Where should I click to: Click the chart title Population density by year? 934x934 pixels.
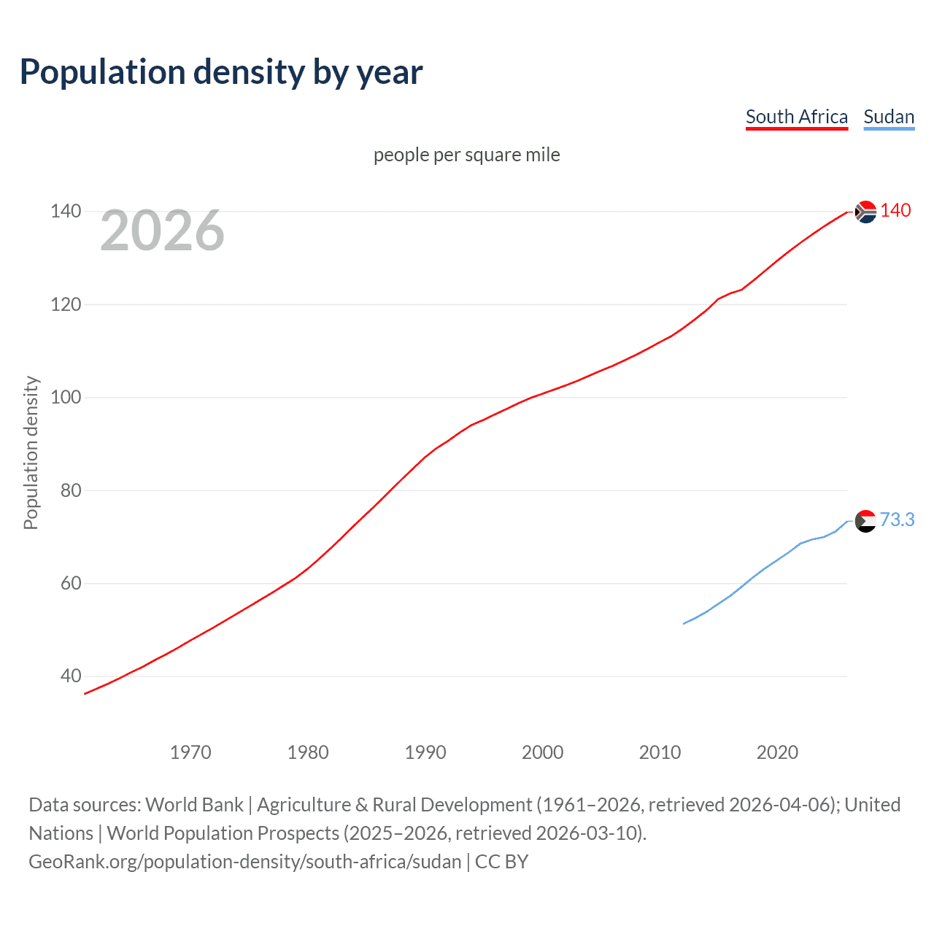click(221, 72)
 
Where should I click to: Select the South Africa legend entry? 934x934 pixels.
click(796, 117)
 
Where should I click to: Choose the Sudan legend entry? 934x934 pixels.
click(888, 117)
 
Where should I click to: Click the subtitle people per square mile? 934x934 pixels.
click(466, 155)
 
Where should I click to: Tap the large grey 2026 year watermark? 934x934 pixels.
click(162, 231)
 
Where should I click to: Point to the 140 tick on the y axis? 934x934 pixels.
click(66, 211)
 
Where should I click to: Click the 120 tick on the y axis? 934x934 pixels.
click(66, 304)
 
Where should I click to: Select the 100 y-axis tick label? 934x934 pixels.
click(66, 397)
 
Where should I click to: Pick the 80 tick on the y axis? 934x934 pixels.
click(70, 490)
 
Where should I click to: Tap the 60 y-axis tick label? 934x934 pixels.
click(70, 583)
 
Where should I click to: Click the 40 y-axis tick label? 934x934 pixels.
click(70, 676)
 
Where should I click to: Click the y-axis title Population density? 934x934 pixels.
click(31, 452)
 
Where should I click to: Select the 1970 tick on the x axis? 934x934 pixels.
click(190, 752)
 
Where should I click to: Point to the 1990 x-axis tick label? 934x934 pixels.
click(425, 752)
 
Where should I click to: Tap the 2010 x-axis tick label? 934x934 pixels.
click(660, 752)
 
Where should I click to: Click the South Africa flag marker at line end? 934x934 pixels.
click(865, 212)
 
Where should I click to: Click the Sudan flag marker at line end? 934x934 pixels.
click(865, 521)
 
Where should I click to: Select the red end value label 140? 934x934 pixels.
click(895, 210)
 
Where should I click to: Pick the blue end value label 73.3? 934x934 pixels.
click(897, 520)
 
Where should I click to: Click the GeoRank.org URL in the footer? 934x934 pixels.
click(244, 862)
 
